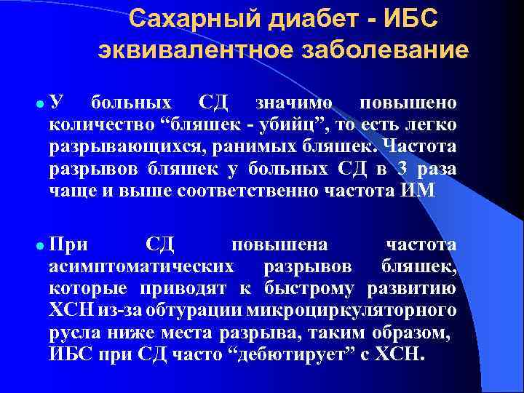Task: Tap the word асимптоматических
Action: [141, 266]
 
